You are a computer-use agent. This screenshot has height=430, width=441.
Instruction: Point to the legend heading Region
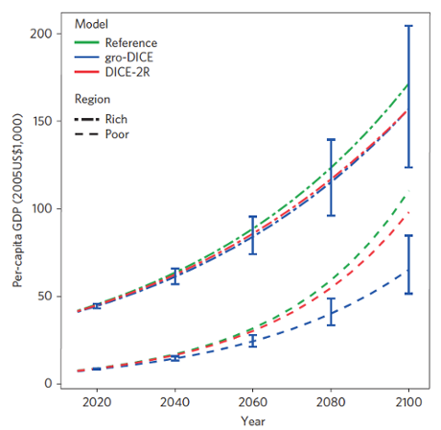(93, 99)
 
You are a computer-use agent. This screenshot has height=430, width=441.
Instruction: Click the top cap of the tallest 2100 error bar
(409, 26)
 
